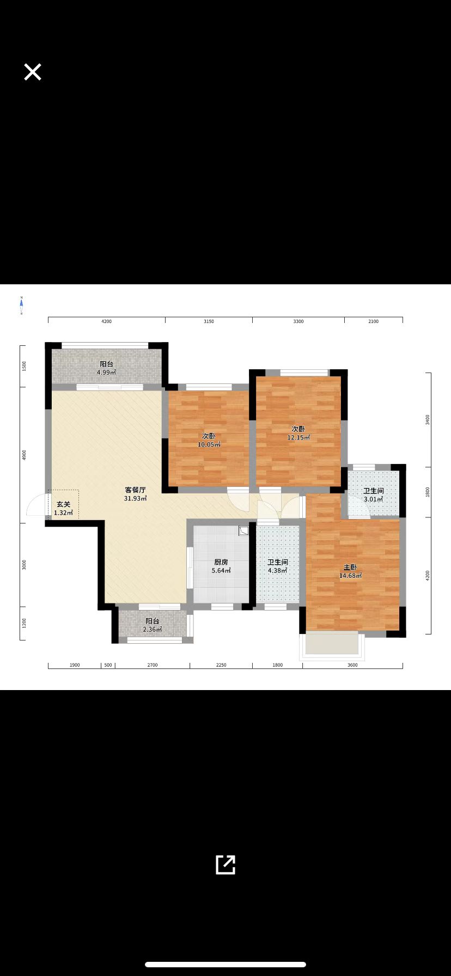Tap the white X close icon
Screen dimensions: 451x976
pos(33,72)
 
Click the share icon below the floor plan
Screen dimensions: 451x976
pos(225,864)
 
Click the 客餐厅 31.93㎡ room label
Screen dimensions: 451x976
pos(135,494)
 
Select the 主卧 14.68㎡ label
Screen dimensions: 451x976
pos(350,571)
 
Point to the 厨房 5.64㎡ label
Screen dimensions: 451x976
pos(221,566)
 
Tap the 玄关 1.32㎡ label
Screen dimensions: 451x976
pos(63,509)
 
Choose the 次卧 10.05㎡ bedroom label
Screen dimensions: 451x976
pos(209,440)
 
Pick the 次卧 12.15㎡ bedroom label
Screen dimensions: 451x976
pos(298,433)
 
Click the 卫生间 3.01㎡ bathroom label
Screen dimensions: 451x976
pos(374,495)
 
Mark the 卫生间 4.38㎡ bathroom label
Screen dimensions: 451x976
pos(277,566)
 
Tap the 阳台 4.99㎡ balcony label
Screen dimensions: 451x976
pos(106,368)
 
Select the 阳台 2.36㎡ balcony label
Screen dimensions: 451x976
pos(152,625)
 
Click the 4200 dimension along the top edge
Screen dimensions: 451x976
pos(106,321)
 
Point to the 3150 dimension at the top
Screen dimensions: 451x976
pos(209,321)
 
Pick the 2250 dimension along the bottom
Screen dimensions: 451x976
pos(221,665)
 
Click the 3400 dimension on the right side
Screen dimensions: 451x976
pos(428,419)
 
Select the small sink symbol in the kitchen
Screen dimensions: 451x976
pos(243,530)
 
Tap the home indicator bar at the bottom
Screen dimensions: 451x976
pos(225,965)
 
